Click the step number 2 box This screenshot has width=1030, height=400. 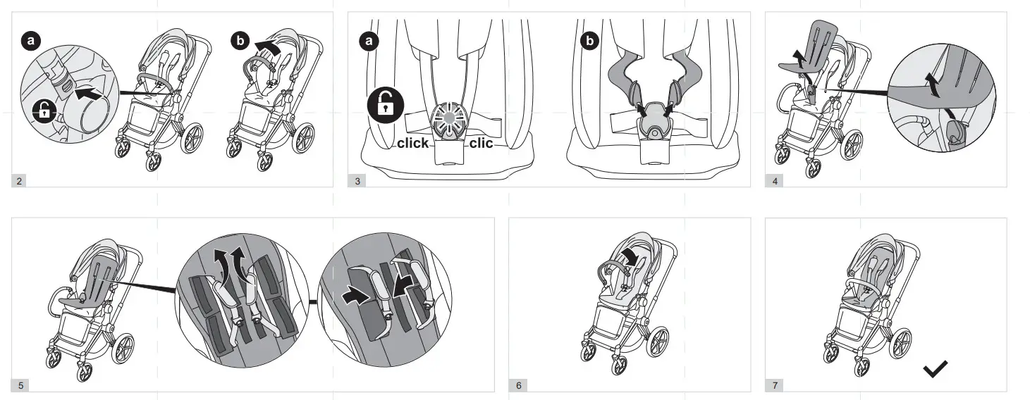19,181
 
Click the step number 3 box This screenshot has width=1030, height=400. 357,181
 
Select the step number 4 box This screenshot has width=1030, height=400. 775,181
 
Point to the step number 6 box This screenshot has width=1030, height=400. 519,385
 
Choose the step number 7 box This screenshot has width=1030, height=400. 775,385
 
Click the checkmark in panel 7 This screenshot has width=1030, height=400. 936,368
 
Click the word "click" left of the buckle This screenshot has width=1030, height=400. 412,143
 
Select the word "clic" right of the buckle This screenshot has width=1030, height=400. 482,143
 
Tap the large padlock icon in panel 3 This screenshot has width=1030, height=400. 385,106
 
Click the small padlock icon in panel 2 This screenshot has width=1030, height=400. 44,111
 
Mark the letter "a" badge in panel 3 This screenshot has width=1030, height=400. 369,41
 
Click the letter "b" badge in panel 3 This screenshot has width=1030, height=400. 589,41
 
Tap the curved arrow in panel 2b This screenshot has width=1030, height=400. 268,47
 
